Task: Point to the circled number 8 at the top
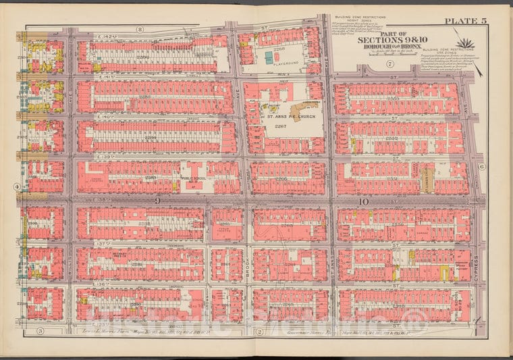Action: (139, 29)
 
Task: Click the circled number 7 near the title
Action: (390, 63)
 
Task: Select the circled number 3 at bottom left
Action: (40, 330)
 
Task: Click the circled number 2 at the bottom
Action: (259, 330)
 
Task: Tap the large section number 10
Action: (362, 201)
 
